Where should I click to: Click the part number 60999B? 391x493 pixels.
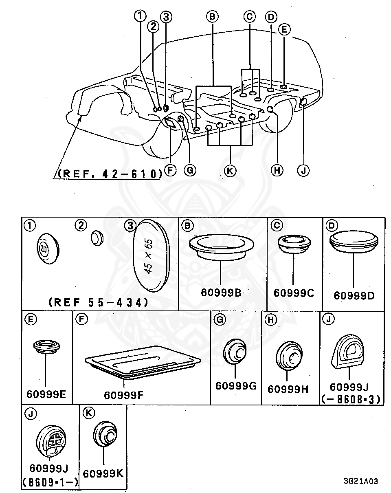point(220,292)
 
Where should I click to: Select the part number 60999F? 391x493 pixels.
point(123,395)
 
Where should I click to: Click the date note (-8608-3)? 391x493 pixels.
point(351,400)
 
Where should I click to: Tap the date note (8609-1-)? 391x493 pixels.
point(50,483)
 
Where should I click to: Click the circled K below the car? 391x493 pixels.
point(230,171)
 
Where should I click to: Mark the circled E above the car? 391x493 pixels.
point(284,29)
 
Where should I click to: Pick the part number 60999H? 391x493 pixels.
point(288,389)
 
